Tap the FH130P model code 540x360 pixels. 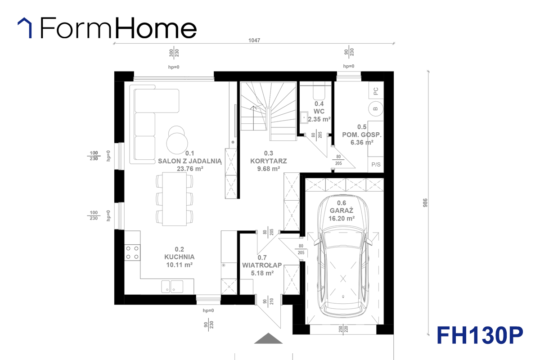[480, 335]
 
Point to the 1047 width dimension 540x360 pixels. [254, 40]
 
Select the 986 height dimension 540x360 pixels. [425, 203]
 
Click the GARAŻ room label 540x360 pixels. [342, 211]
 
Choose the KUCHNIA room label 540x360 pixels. [180, 257]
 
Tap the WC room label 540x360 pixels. [319, 112]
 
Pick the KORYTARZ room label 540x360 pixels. [269, 161]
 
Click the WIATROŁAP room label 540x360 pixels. [262, 265]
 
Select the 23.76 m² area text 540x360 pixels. [190, 169]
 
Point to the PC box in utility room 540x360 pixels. [376, 90]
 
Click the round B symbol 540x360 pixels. [376, 109]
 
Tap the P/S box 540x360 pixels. [376, 164]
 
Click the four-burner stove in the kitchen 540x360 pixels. [132, 252]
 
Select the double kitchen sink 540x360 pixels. [172, 287]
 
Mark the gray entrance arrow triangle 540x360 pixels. [268, 338]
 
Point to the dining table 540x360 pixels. [174, 199]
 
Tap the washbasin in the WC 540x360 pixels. [304, 117]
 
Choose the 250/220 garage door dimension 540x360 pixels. [343, 329]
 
